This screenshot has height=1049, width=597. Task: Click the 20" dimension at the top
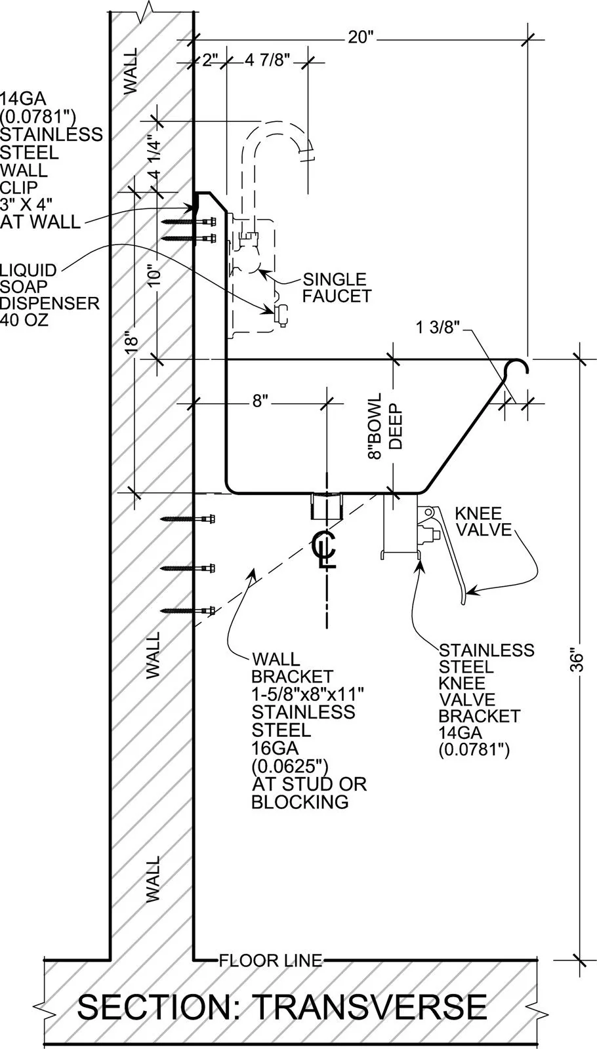coord(360,37)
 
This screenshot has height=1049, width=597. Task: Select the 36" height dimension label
coord(577,660)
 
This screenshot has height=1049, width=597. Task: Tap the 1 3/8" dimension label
coord(438,327)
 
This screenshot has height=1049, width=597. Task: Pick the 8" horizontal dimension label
coord(260,401)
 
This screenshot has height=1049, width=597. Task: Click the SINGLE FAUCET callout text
coord(337,288)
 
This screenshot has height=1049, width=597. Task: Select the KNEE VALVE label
coord(484,521)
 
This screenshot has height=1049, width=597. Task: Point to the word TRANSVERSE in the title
coord(370,1007)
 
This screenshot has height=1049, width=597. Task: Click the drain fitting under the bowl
coord(326,505)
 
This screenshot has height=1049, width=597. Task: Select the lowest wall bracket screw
coord(188,610)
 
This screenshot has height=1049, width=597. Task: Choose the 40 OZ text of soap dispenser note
coord(24,321)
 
